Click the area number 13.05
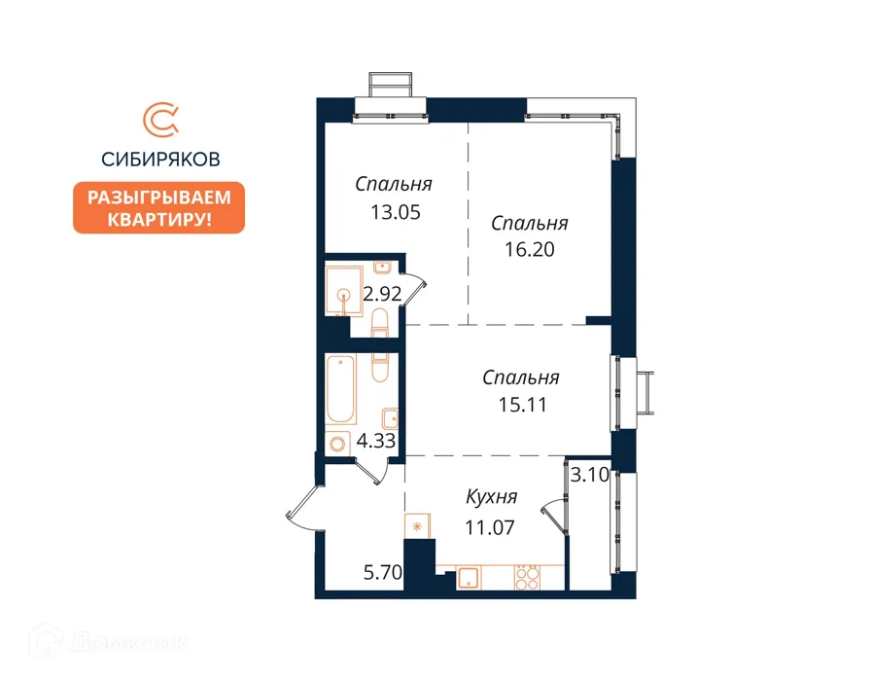click(x=396, y=212)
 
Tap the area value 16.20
click(x=530, y=250)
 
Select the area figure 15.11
click(x=522, y=404)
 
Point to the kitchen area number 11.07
click(x=489, y=527)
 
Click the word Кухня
click(x=492, y=497)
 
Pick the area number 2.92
click(x=382, y=294)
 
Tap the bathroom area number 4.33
click(x=376, y=441)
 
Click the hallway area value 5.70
click(x=383, y=572)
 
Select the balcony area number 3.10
click(x=590, y=476)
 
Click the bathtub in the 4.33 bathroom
click(x=340, y=390)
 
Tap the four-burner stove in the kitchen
click(x=527, y=578)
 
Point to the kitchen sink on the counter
click(x=469, y=578)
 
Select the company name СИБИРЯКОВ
click(x=160, y=160)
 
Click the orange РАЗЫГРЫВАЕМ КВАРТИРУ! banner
click(x=158, y=207)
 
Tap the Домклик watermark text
click(x=128, y=643)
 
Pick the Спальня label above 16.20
click(x=530, y=224)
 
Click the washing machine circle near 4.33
click(x=337, y=444)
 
